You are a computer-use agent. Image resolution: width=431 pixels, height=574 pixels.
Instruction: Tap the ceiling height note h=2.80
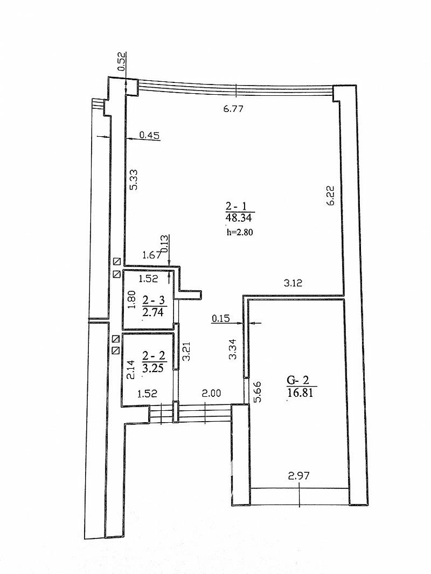[240, 232]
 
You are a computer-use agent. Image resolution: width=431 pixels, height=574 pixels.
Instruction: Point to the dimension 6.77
[233, 109]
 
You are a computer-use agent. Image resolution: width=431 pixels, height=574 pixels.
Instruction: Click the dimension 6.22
[331, 196]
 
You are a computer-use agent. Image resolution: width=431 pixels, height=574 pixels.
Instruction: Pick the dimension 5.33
[134, 179]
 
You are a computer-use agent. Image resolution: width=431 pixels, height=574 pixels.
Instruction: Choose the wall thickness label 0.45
[150, 136]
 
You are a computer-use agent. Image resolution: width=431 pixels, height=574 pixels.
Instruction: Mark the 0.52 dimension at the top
[122, 61]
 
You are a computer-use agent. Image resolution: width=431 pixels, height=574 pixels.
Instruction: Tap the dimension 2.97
[299, 476]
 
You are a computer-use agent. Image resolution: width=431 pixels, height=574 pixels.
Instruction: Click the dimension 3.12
[293, 283]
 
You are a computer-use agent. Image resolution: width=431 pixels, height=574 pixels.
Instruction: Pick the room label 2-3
[154, 301]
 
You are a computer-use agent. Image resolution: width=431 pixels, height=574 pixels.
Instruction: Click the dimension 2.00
[211, 394]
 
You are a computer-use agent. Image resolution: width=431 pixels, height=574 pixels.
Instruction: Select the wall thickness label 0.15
[220, 319]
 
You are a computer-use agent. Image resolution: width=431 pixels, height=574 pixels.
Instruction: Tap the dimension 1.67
[151, 255]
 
